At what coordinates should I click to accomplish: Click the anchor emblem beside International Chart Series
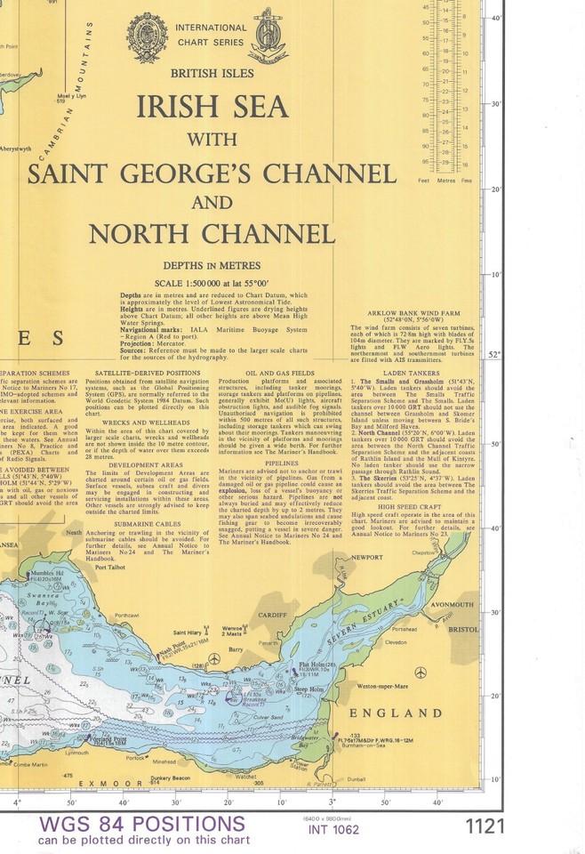pyautogui.click(x=268, y=38)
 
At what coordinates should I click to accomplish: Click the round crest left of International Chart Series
pyautogui.click(x=147, y=37)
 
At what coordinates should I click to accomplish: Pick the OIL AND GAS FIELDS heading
pyautogui.click(x=279, y=373)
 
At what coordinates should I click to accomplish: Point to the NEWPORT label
pyautogui.click(x=366, y=557)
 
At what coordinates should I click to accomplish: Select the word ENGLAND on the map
pyautogui.click(x=395, y=713)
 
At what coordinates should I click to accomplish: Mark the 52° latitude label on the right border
pyautogui.click(x=494, y=354)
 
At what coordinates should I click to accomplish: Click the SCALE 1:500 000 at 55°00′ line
pyautogui.click(x=212, y=282)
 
